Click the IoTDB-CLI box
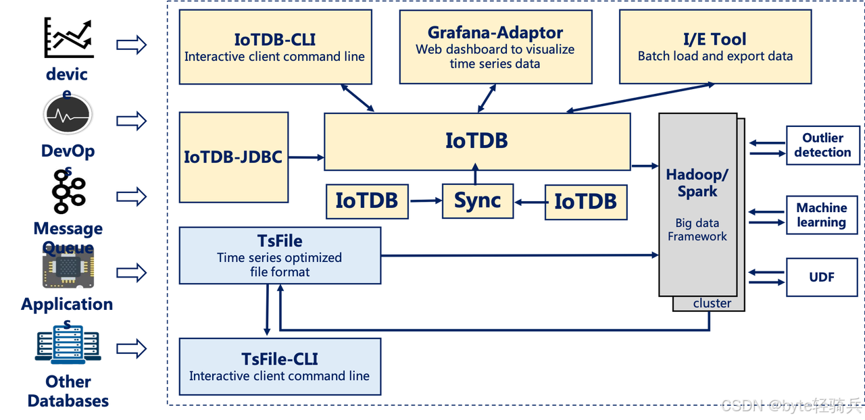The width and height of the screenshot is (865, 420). click(274, 47)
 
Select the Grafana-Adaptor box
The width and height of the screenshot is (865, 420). click(495, 47)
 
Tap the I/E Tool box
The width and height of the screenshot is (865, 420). click(715, 47)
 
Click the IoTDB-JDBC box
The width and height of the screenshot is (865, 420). click(233, 157)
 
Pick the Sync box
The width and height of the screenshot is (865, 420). click(477, 201)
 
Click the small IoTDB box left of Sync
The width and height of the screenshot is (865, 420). click(367, 201)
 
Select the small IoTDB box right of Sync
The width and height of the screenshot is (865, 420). click(585, 201)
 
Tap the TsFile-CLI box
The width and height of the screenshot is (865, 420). click(279, 367)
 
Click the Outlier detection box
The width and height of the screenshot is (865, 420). click(822, 145)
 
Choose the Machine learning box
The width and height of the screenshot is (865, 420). click(821, 215)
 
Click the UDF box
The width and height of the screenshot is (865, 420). click(821, 277)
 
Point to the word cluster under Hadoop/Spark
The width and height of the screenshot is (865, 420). click(712, 304)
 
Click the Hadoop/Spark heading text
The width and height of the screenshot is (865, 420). click(697, 183)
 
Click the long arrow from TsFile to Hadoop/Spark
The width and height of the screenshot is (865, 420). click(520, 255)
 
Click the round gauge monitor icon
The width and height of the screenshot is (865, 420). click(67, 115)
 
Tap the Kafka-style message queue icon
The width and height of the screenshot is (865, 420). click(68, 192)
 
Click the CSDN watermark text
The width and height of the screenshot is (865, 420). click(790, 405)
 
